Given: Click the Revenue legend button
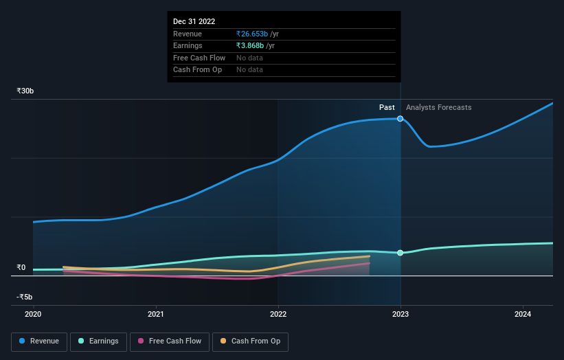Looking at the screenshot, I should [x=39, y=341].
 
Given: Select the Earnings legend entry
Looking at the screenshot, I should [x=98, y=341].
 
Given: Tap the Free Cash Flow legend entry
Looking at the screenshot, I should [x=170, y=341].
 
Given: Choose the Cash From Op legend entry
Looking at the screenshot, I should [x=250, y=341].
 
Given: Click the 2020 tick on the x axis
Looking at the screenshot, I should [x=33, y=315].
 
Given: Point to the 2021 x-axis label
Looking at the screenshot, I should [x=156, y=315].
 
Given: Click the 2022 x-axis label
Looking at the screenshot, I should [x=278, y=315].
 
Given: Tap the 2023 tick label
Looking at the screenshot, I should [x=401, y=315].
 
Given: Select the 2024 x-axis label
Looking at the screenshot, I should [x=523, y=315].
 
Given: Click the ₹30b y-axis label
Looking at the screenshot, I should [x=25, y=91].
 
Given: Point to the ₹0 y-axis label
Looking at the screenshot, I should [x=21, y=268].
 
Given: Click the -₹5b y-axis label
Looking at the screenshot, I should [x=25, y=297].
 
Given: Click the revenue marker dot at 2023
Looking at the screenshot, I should [x=401, y=119].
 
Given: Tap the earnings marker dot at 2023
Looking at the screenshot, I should [x=401, y=253].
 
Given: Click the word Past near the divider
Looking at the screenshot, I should [x=387, y=107].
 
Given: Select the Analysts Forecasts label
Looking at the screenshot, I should [x=438, y=107].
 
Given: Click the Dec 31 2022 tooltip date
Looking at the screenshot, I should [x=195, y=21].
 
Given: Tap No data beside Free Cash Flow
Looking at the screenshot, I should [x=249, y=58].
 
